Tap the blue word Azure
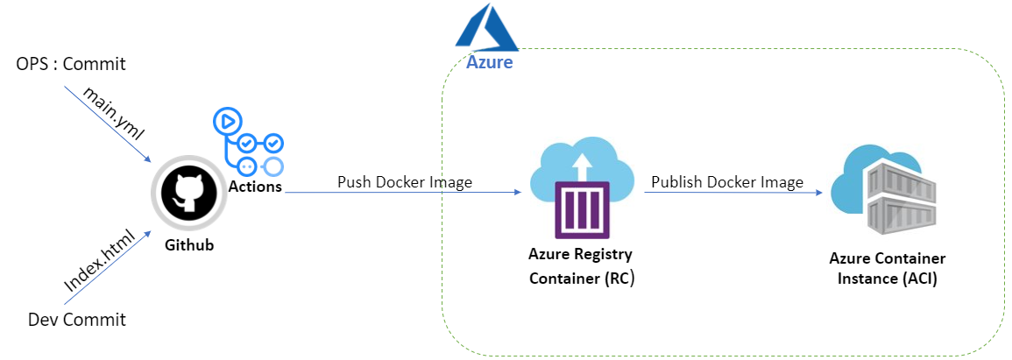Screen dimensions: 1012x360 pos(490,62)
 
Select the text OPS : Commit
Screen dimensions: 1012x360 pos(71,65)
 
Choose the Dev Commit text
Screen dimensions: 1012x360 pos(77,320)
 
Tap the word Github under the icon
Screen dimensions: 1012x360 pos(190,245)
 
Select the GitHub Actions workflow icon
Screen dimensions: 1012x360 pos(249,141)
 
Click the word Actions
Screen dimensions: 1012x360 pos(255,187)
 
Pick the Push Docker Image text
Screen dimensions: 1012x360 pos(405,182)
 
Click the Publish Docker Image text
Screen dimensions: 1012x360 pos(727,182)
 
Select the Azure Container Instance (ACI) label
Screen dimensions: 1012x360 pos(888,269)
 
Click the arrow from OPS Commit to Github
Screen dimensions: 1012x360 pos(109,124)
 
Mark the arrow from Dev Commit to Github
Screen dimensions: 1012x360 pos(109,265)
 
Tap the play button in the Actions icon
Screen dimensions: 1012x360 pos(228,121)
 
